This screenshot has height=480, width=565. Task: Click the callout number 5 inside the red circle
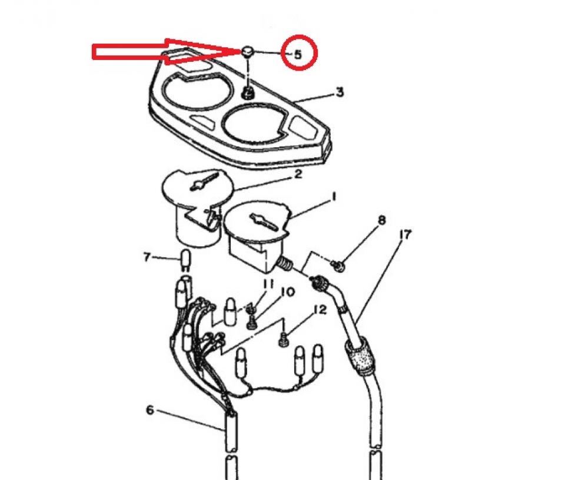coord(298,54)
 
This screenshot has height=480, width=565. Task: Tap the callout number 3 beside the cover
coord(340,92)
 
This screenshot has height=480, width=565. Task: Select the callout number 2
coord(298,174)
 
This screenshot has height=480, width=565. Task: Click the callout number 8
coord(381,221)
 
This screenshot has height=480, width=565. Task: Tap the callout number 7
coord(147,257)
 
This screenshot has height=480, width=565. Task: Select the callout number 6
coord(149,409)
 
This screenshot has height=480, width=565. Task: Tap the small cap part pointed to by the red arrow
coord(248,51)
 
